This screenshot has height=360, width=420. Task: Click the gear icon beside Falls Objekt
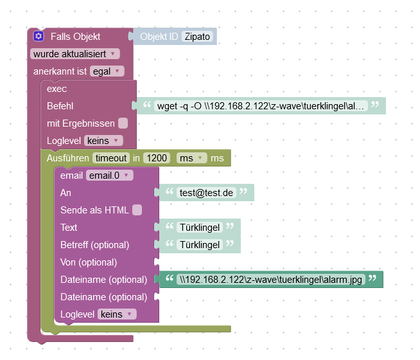click(x=39, y=37)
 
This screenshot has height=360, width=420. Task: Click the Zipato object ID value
click(x=198, y=37)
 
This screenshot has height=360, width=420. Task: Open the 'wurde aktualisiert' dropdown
click(x=75, y=54)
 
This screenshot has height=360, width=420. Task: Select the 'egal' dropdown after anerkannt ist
click(x=107, y=71)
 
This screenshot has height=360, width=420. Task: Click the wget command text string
click(x=262, y=106)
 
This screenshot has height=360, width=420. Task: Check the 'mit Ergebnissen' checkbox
click(x=123, y=123)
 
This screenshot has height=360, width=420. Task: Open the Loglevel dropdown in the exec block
click(x=103, y=140)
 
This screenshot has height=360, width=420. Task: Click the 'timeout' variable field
click(x=110, y=157)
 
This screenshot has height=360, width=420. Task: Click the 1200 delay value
click(x=157, y=157)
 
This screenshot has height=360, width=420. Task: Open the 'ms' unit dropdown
click(x=192, y=157)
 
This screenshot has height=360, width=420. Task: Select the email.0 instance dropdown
click(x=109, y=175)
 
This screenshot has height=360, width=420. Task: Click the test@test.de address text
click(x=206, y=193)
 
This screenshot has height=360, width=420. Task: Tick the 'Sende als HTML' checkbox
click(x=137, y=210)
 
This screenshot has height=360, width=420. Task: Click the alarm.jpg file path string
click(x=271, y=280)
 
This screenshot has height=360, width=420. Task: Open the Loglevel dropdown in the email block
click(x=116, y=314)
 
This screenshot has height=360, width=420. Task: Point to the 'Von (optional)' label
click(x=89, y=262)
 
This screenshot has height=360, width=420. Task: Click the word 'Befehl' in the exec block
click(x=60, y=105)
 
